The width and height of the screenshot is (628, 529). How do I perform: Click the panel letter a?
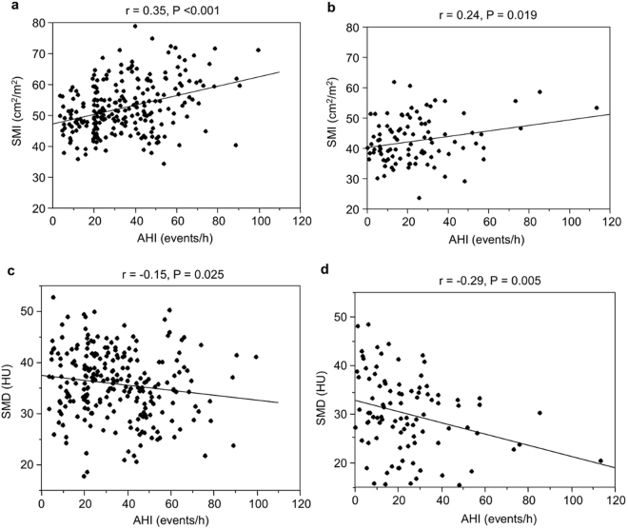(x=6, y=8)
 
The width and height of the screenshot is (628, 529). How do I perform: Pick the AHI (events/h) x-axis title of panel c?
(x=169, y=519)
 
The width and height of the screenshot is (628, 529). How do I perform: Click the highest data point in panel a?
(x=134, y=27)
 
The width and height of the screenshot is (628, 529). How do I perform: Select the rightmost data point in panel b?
(x=597, y=108)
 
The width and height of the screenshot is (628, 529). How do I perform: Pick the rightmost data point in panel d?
(x=600, y=460)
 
